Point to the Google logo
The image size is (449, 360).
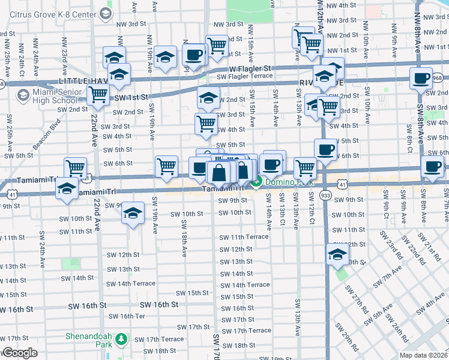click(19, 353)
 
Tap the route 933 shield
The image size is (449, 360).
click(325, 195)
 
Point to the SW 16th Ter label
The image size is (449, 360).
click(133, 316)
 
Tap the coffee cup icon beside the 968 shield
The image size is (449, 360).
click(421, 77)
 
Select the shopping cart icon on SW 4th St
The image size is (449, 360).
click(206, 124)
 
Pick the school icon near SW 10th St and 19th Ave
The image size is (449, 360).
click(133, 212)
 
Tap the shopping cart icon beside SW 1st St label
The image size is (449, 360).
click(98, 94)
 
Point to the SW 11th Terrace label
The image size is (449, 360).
click(243, 237)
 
